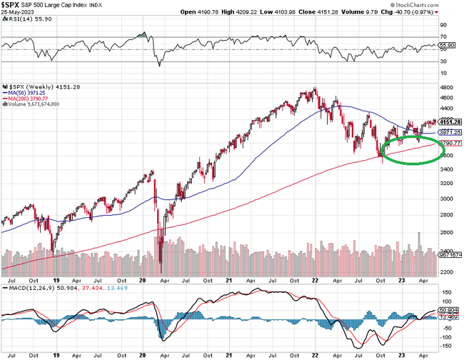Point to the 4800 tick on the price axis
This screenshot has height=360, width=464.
pyautogui.click(x=447, y=90)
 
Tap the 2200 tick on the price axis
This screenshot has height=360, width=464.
pyautogui.click(x=447, y=273)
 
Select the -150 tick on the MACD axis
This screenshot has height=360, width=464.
pyautogui.click(x=447, y=346)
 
